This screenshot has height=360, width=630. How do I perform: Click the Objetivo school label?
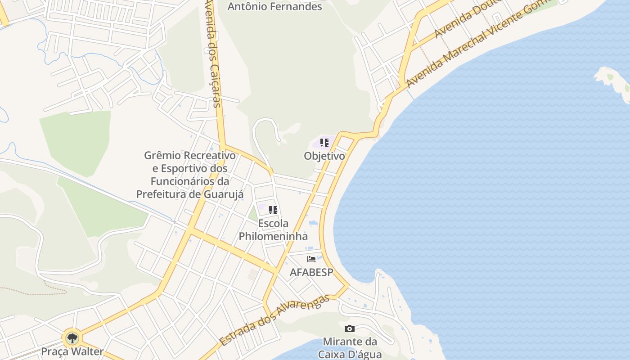[324, 156]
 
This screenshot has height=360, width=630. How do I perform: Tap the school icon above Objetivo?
[324, 143]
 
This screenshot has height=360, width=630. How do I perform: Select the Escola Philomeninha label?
[273, 229]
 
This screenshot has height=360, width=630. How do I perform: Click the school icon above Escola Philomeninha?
[273, 210]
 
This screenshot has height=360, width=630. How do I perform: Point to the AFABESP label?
[311, 272]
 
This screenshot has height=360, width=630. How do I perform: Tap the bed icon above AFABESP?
[311, 259]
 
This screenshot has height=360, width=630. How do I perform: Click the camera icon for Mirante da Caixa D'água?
[349, 329]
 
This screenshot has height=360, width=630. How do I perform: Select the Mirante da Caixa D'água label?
[350, 347]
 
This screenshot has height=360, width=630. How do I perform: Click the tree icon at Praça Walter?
[72, 337]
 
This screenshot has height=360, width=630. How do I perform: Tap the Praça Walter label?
[72, 351]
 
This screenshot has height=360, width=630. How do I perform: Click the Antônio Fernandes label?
[274, 7]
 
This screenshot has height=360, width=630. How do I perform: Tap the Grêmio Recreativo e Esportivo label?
[189, 175]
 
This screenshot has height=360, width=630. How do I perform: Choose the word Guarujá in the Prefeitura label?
[224, 194]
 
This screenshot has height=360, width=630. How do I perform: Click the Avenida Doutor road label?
[468, 18]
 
